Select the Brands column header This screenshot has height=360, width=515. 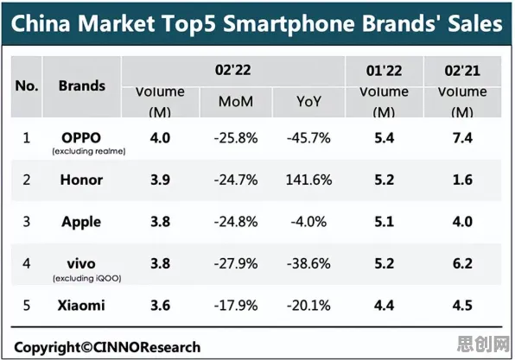pyautogui.click(x=82, y=86)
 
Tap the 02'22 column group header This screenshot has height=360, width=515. pyautogui.click(x=232, y=70)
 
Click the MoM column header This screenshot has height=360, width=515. pyautogui.click(x=236, y=102)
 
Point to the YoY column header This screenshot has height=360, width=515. pyautogui.click(x=308, y=102)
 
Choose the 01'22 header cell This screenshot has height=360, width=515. pyautogui.click(x=384, y=71)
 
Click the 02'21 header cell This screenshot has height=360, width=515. pyautogui.click(x=462, y=71)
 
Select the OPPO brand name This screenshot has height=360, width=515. pyautogui.click(x=81, y=138)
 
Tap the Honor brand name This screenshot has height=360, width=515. pyautogui.click(x=81, y=180)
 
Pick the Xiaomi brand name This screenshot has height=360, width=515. pyautogui.click(x=81, y=306)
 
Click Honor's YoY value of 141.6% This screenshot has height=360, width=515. pyautogui.click(x=308, y=180)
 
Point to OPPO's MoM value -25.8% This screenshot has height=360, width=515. pyautogui.click(x=236, y=138)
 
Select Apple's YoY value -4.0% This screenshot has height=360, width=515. pyautogui.click(x=308, y=222)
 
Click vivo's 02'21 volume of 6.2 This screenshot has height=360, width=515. pyautogui.click(x=462, y=263)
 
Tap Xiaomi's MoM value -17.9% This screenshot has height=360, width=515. pyautogui.click(x=236, y=306)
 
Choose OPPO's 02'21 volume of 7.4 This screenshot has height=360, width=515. pyautogui.click(x=462, y=138)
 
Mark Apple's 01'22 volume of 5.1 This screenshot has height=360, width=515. pyautogui.click(x=385, y=222)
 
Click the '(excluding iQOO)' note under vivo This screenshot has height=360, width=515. pyautogui.click(x=87, y=279)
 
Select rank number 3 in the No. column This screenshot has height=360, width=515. pyautogui.click(x=27, y=222)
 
